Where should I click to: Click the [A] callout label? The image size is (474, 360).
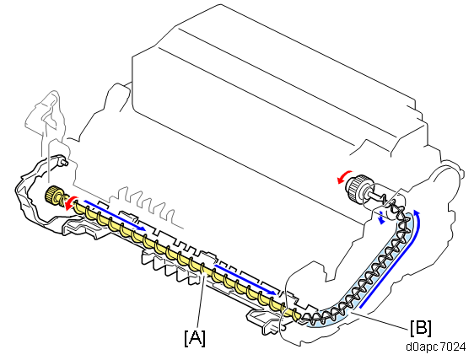(x=195, y=338)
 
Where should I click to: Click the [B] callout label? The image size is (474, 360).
(x=421, y=327)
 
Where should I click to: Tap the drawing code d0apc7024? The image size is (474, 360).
(x=435, y=347)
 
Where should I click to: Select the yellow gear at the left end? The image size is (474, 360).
(x=52, y=195)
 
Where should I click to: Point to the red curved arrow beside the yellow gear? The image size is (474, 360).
(x=70, y=203)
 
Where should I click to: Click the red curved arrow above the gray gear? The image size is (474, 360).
(x=344, y=177)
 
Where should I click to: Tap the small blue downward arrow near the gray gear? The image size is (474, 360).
(x=381, y=218)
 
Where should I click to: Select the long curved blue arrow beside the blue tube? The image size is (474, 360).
(x=393, y=260)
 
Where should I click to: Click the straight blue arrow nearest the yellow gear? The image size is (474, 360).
(x=114, y=215)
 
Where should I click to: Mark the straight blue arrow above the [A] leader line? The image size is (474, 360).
(x=245, y=279)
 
